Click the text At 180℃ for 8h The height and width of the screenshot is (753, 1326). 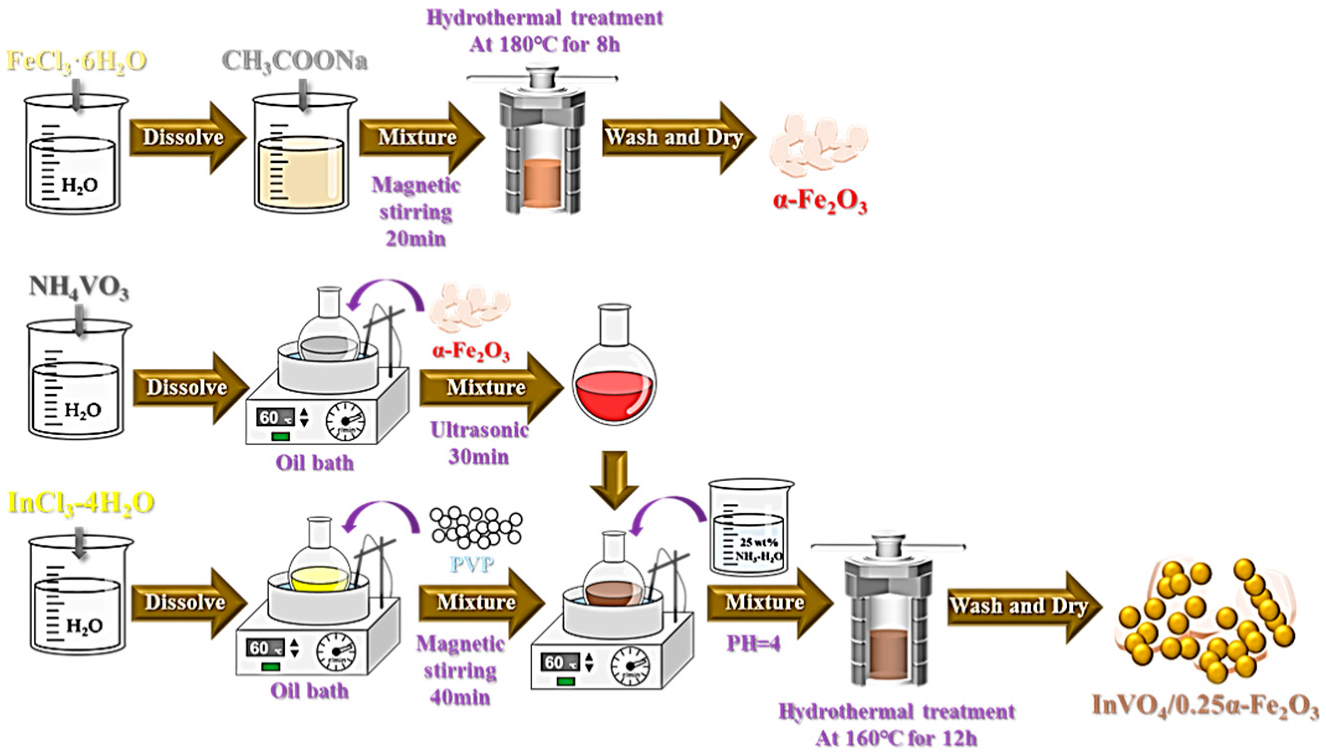[x=544, y=45]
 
